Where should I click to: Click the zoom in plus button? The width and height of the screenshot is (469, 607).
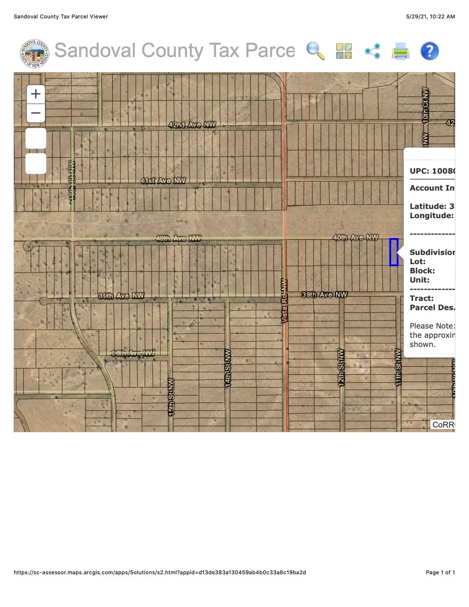(x=36, y=94)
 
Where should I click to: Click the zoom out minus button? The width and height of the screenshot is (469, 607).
(x=36, y=113)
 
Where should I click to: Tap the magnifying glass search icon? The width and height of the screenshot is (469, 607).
(x=315, y=51)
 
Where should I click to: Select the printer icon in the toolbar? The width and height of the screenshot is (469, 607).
(x=400, y=51)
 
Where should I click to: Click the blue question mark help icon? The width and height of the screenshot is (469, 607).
(x=430, y=51)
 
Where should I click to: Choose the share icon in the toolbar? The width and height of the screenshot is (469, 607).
(x=372, y=51)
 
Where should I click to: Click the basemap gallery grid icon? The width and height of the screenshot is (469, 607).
(x=344, y=51)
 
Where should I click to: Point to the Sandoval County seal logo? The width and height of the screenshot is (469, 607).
(x=34, y=54)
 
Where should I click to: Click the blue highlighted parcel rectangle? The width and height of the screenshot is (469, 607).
(x=394, y=252)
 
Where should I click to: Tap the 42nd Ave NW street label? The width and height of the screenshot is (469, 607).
(x=192, y=125)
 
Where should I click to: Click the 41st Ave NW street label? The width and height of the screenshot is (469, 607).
(x=163, y=181)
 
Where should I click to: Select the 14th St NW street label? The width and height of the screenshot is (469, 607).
(x=227, y=368)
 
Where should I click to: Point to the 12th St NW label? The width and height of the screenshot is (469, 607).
(x=341, y=367)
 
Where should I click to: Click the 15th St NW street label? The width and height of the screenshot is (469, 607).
(x=171, y=397)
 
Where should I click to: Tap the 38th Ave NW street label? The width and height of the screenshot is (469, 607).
(x=133, y=353)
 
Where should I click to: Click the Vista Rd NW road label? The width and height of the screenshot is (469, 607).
(x=284, y=301)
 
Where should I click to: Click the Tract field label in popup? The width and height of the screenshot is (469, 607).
(x=421, y=298)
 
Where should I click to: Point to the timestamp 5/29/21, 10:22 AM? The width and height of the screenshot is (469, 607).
(x=430, y=16)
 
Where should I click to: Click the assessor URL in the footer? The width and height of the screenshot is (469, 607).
(x=160, y=572)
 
